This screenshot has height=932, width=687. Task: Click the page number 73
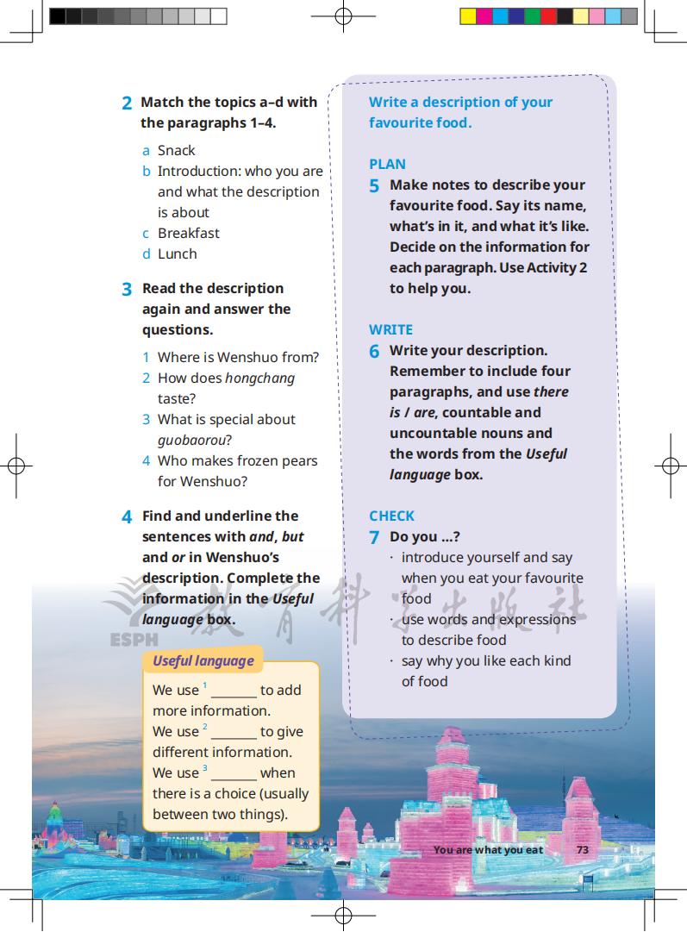click(x=583, y=849)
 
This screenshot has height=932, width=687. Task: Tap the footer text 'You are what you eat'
click(x=488, y=849)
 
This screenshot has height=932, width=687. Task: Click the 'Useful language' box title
click(x=203, y=661)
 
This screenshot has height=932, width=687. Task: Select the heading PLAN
click(x=387, y=164)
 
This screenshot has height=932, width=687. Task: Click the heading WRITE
click(x=390, y=329)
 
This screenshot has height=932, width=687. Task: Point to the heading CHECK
click(x=391, y=516)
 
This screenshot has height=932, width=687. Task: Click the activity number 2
click(x=127, y=103)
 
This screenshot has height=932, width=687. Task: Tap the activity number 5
click(x=374, y=186)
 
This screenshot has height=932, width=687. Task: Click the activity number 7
click(x=374, y=538)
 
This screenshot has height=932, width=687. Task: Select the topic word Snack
click(x=177, y=150)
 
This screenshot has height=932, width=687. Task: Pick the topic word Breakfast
click(x=188, y=233)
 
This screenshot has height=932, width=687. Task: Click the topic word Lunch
click(x=177, y=253)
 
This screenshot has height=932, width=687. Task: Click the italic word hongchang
click(x=259, y=378)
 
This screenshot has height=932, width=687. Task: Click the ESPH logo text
click(x=134, y=640)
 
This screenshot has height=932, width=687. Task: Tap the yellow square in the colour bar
click(x=467, y=16)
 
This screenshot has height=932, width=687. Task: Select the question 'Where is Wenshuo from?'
click(x=238, y=357)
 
